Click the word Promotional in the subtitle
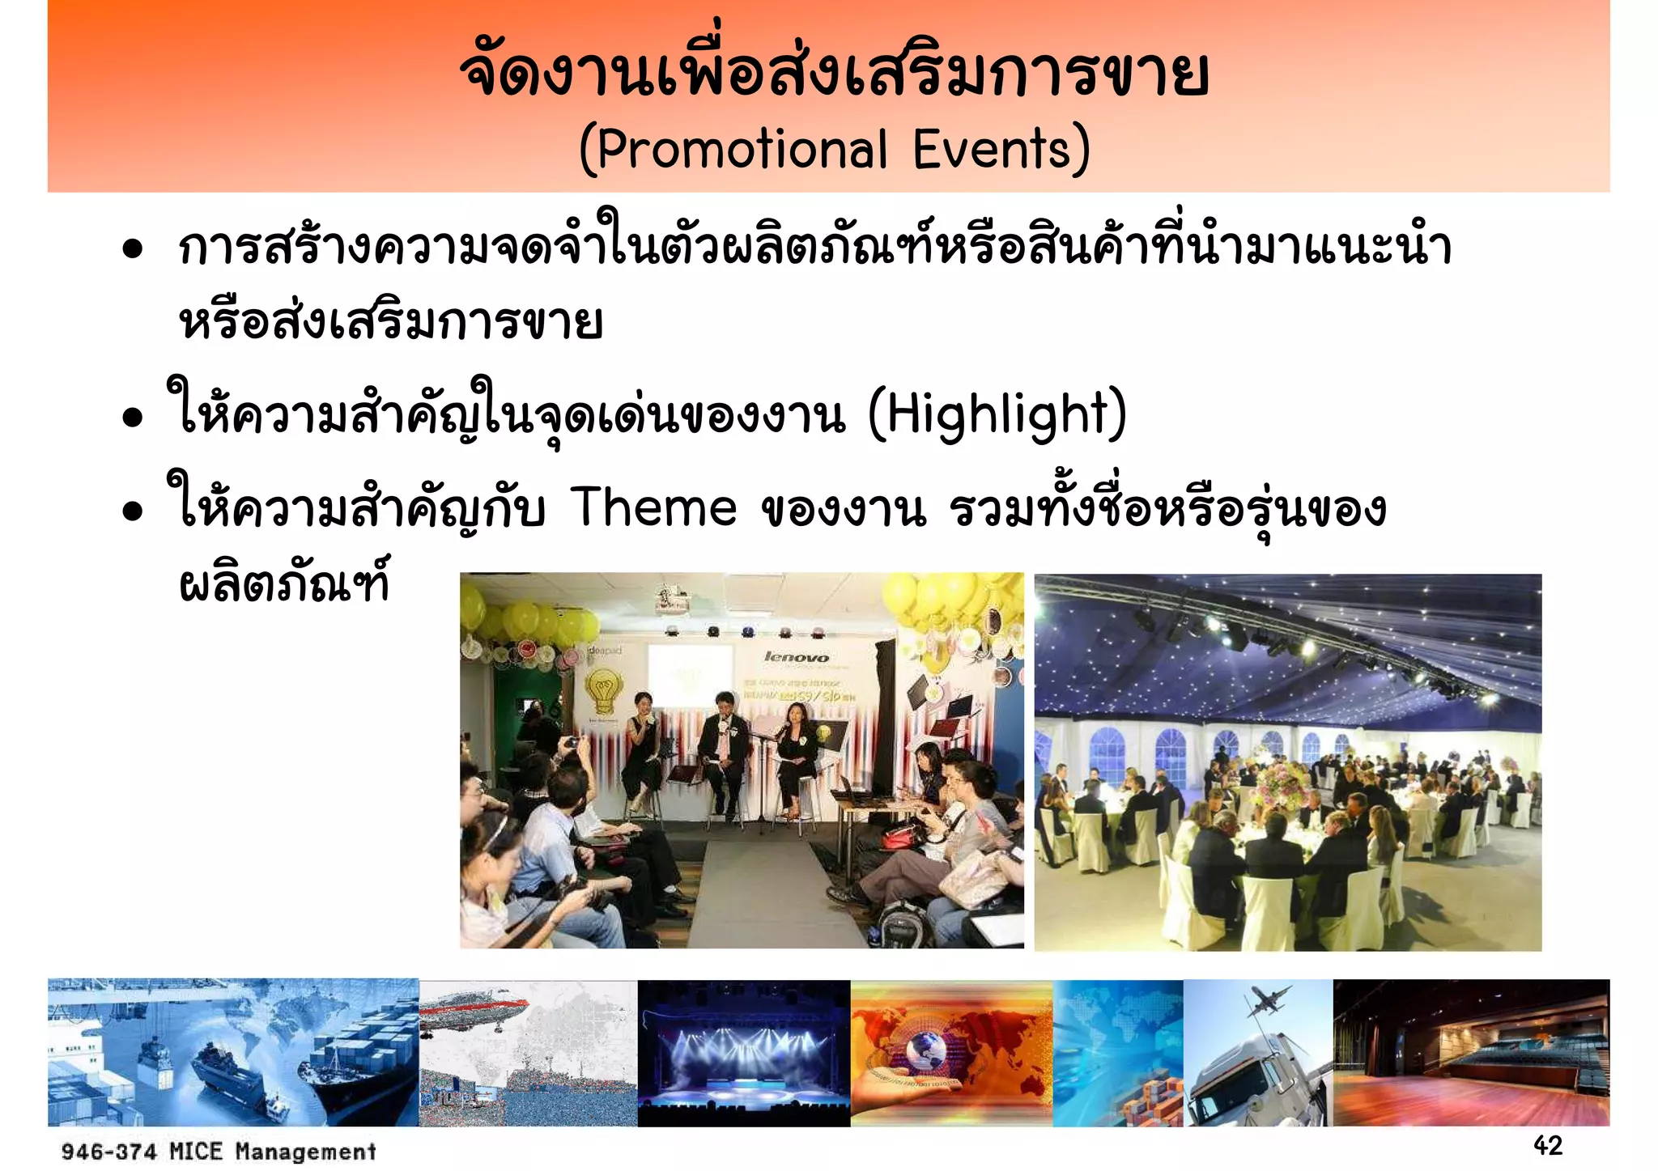[742, 151]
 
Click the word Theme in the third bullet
[654, 508]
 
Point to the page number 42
[1547, 1145]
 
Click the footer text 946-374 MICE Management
[219, 1151]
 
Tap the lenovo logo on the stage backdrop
[797, 657]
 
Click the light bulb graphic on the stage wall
[602, 693]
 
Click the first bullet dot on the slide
[133, 250]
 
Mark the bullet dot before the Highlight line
[133, 418]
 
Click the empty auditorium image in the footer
[1470, 1052]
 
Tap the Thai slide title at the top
[834, 73]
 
